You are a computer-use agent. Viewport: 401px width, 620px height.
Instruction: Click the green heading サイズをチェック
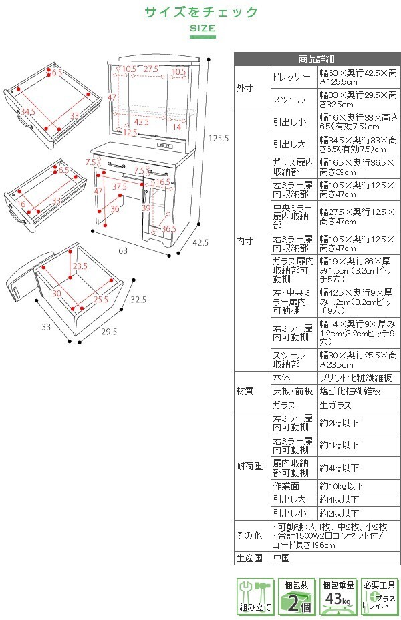coord(201,12)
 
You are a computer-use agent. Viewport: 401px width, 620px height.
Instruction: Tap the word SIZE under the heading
coord(201,28)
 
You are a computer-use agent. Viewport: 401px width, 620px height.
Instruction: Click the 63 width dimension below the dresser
coord(123,250)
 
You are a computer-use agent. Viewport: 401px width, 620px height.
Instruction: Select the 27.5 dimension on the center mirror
coord(150,69)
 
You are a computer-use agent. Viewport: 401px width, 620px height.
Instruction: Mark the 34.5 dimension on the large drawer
coord(27,111)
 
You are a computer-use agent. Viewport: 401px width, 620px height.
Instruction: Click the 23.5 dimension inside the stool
coord(80,266)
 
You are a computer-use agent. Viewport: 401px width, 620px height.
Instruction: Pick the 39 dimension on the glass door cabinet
coord(146,208)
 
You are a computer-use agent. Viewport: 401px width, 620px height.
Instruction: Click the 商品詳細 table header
coord(317,58)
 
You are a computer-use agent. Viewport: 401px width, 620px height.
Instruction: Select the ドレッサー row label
coord(291,77)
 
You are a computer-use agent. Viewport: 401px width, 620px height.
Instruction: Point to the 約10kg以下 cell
coord(342,486)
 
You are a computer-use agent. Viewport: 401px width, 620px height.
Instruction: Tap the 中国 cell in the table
coord(281,558)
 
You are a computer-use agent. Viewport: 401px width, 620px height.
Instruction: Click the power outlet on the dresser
coord(164,147)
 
